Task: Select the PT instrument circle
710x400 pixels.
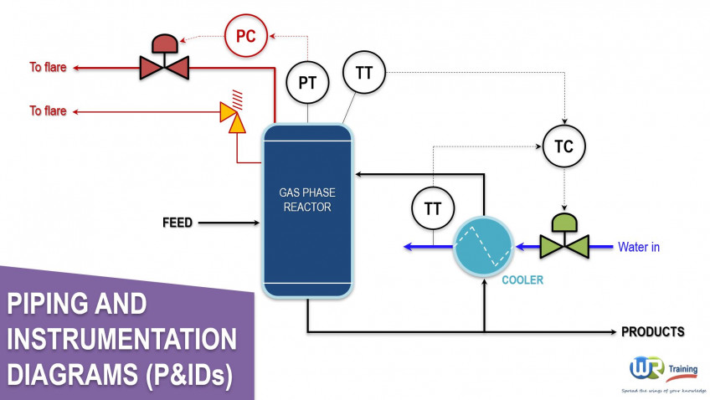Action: tap(307, 83)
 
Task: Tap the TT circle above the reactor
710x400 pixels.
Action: tap(363, 73)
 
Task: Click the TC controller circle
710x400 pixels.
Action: tap(563, 147)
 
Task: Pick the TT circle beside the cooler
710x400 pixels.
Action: tap(433, 209)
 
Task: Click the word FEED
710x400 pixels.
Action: tap(177, 223)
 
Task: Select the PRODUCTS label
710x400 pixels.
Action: tap(652, 332)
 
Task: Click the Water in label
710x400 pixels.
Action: tap(639, 247)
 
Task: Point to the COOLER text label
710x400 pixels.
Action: tap(522, 280)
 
